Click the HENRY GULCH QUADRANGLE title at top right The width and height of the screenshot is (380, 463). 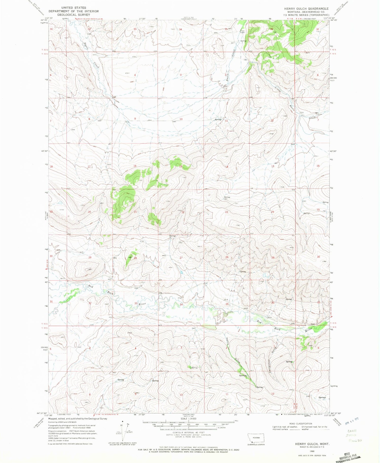pyautogui.click(x=306, y=9)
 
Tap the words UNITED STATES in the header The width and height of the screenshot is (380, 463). pyautogui.click(x=73, y=8)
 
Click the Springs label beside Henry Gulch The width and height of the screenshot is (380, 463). pyautogui.click(x=243, y=376)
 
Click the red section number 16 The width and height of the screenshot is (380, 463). pyautogui.click(x=135, y=166)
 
